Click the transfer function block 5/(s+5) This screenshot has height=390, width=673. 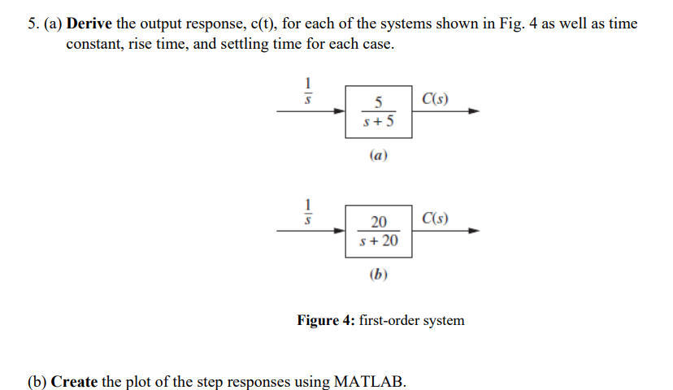[x=378, y=113]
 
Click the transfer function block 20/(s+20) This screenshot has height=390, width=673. [x=378, y=232]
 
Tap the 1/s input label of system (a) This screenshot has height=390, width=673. [x=307, y=91]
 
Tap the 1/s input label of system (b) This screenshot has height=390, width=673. [x=307, y=210]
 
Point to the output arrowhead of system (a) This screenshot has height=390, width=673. [x=474, y=113]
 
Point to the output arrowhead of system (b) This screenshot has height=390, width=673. [x=474, y=231]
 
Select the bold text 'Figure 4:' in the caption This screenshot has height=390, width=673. [x=326, y=320]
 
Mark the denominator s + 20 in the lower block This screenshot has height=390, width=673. [x=378, y=241]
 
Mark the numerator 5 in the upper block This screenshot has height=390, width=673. [x=379, y=102]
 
